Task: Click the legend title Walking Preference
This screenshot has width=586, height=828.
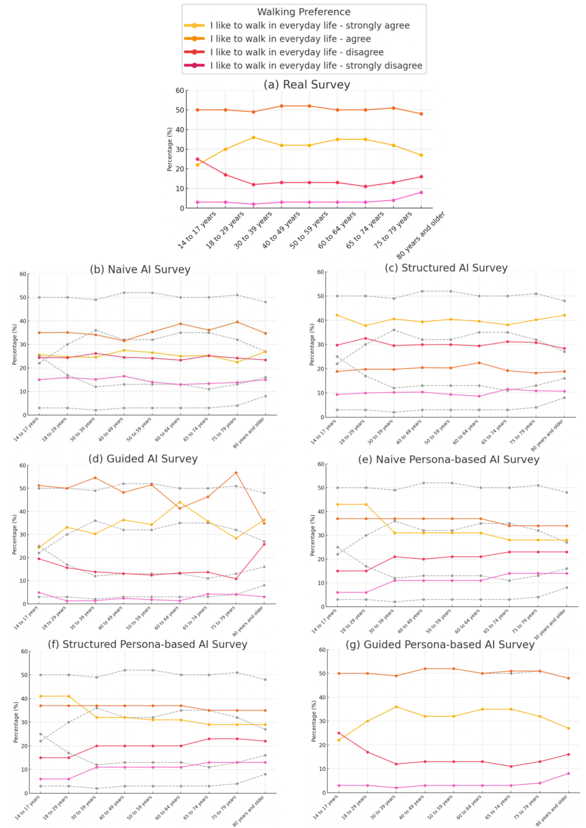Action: point(304,12)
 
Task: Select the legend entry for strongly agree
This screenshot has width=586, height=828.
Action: point(310,25)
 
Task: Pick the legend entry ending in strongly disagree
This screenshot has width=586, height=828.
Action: point(316,66)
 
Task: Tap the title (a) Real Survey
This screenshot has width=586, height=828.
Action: point(307,84)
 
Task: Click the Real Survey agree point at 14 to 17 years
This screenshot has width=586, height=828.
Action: point(197,110)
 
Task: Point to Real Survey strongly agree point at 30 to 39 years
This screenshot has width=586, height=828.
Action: point(254,137)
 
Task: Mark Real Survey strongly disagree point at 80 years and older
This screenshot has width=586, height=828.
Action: point(421,192)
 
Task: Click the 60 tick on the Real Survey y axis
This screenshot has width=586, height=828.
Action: point(180,91)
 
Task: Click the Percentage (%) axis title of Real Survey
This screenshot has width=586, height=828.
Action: point(170,149)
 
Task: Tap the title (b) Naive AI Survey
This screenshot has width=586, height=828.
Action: point(140,269)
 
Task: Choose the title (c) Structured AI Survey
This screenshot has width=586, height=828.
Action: point(446,268)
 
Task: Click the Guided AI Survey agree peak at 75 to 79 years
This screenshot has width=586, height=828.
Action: point(236,473)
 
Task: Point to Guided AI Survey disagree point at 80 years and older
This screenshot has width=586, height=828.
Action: point(264,544)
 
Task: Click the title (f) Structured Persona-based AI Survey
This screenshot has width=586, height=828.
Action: point(147,644)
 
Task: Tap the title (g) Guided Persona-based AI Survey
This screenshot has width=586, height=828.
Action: point(440,644)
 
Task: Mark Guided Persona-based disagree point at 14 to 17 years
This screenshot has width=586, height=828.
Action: point(339,733)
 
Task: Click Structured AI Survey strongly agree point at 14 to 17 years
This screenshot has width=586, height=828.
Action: point(337,315)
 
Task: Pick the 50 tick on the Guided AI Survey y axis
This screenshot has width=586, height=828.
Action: point(23,488)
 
